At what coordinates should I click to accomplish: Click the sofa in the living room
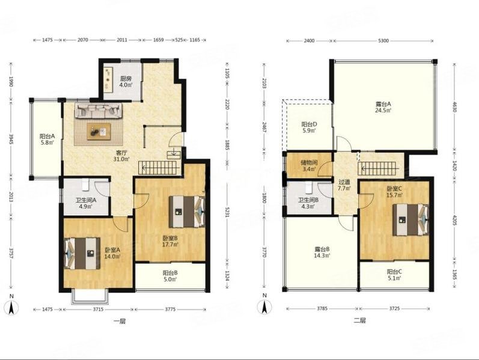point(99,111)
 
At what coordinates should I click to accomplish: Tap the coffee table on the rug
point(99,132)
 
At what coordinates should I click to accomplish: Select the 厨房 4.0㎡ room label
point(126,82)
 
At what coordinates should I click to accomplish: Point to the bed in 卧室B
point(187,212)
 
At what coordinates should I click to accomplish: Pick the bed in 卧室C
point(411,220)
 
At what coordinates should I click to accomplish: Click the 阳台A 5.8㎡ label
point(47,139)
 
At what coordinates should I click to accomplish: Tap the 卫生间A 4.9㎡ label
point(86,203)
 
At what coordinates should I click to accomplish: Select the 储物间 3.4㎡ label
point(309,165)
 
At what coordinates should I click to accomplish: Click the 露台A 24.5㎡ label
point(383,107)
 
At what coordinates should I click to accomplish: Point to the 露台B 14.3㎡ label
point(322,252)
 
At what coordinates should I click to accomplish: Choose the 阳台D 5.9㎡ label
point(309,127)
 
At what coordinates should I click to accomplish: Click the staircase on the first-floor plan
point(157,168)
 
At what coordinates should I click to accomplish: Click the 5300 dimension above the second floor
point(383,41)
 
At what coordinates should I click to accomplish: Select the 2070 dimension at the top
point(83,40)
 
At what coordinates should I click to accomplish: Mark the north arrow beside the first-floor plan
point(11,307)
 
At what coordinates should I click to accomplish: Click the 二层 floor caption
point(359,320)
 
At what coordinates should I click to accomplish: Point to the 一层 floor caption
point(120,321)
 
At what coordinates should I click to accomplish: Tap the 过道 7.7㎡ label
point(344,185)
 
